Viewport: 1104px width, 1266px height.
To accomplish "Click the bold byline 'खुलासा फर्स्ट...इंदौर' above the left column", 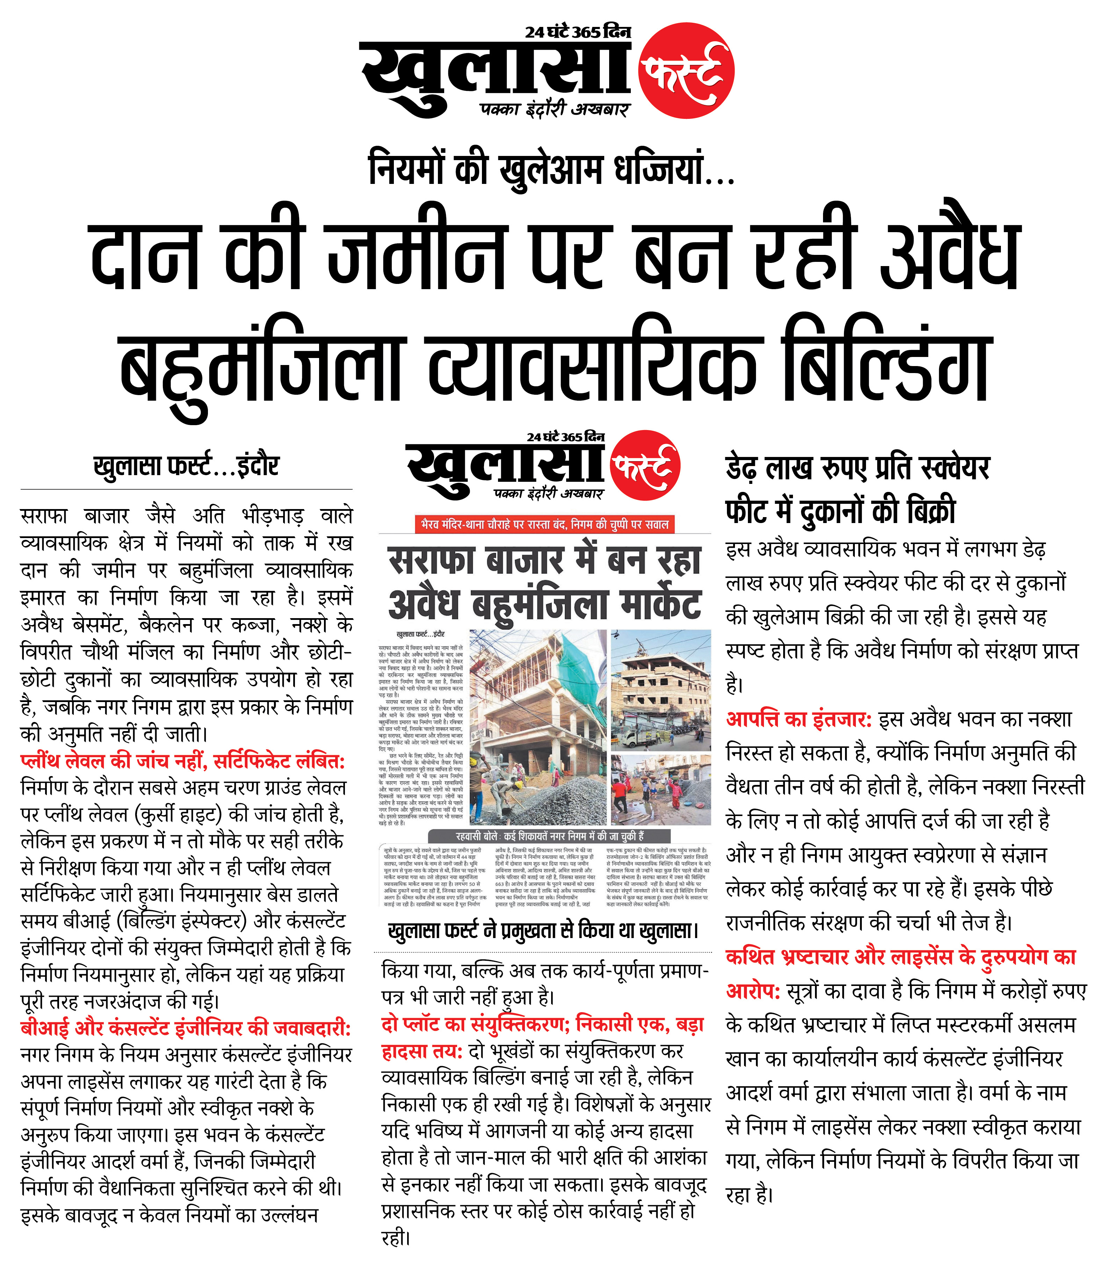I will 186,467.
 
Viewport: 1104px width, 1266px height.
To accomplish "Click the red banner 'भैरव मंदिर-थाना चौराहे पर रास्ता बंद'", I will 544,524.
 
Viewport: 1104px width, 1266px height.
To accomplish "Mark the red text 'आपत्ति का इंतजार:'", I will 799,719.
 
